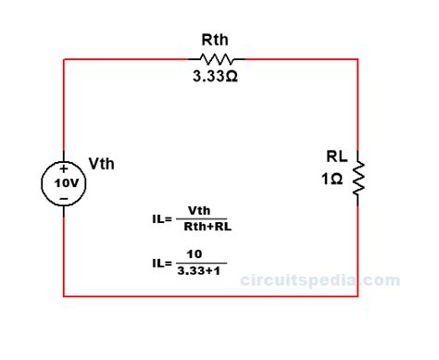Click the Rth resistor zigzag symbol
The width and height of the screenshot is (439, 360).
(215, 59)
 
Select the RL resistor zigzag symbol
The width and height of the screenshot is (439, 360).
(358, 176)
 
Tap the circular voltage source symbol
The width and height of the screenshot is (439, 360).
(63, 182)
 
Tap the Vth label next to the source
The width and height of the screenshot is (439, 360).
(101, 164)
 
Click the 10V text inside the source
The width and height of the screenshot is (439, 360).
(63, 183)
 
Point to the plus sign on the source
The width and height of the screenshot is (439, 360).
(63, 168)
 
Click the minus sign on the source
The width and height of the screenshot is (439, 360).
(63, 197)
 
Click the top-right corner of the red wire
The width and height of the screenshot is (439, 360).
(357, 59)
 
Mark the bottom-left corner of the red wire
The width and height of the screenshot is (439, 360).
(63, 296)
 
